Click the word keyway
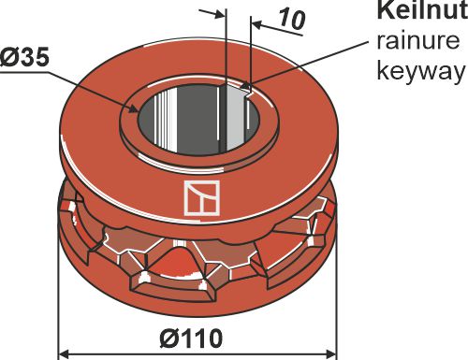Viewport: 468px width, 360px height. pos(419,71)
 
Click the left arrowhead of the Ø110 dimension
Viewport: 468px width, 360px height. pos(65,353)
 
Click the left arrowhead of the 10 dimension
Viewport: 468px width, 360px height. pos(221,14)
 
